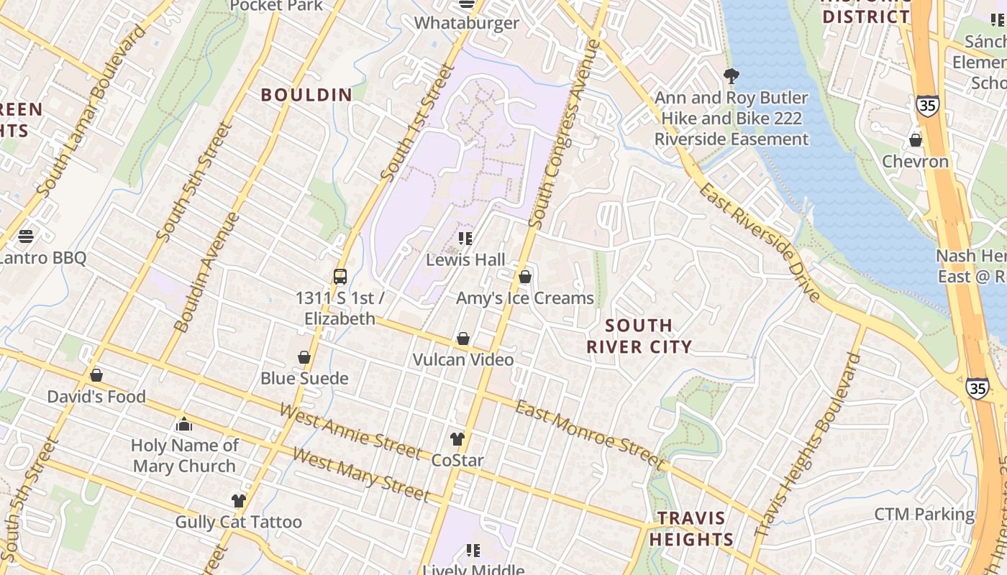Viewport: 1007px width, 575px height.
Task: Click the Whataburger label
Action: point(466,23)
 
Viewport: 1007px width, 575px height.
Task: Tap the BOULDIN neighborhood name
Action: point(306,95)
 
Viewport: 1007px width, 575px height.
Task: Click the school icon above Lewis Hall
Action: point(465,239)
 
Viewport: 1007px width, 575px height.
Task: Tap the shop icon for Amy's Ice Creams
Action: point(525,277)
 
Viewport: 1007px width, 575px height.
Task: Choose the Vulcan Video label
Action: point(463,359)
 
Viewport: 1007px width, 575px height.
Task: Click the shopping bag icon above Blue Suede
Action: point(304,357)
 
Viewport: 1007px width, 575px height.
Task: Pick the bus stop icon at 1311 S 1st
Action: point(340,277)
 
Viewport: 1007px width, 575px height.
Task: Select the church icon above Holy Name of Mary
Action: point(184,424)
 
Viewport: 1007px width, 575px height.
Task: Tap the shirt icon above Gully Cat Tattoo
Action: point(239,501)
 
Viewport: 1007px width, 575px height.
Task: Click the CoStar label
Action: point(457,460)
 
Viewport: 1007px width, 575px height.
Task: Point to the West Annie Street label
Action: point(350,431)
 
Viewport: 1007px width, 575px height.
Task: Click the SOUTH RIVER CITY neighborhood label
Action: point(639,336)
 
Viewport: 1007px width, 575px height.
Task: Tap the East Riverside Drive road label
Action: point(759,241)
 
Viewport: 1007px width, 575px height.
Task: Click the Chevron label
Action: point(915,161)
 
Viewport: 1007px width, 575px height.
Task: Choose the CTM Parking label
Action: point(924,515)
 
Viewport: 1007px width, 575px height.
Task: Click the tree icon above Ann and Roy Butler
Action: point(732,75)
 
